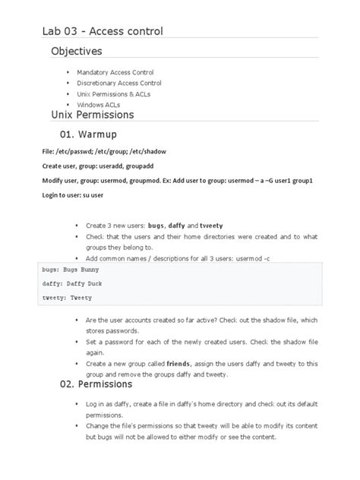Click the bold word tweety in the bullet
tap(210, 226)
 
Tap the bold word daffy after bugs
tap(175, 226)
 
